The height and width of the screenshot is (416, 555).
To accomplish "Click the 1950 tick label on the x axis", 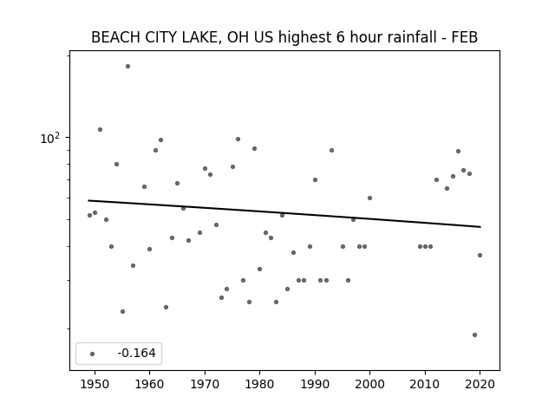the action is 95,384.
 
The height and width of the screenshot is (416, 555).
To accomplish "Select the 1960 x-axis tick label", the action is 149,384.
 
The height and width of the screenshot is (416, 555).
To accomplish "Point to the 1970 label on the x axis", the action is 205,384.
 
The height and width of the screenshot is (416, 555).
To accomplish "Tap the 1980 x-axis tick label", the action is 259,384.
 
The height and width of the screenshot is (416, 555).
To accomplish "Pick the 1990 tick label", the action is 315,384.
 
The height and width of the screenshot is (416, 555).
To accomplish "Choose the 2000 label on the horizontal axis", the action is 369,384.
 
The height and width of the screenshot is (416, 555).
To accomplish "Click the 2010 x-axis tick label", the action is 425,384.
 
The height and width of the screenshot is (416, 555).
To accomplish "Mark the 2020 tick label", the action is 480,384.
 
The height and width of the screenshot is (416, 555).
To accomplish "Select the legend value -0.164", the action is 136,353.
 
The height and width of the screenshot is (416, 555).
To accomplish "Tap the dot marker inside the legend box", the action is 93,354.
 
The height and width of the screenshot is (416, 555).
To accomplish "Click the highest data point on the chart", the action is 127,66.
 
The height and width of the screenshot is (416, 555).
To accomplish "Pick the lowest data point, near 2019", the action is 474,335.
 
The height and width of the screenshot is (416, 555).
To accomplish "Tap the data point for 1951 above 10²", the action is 101,129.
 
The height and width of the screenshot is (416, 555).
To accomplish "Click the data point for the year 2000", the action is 369,198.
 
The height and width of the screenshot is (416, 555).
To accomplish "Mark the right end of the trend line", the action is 480,227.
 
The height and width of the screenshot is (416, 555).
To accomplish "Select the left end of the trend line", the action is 88,200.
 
